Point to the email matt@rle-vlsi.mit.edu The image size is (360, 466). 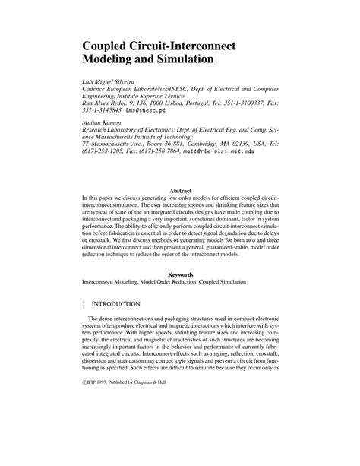click(219, 152)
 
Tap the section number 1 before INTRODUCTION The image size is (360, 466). click(84, 303)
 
